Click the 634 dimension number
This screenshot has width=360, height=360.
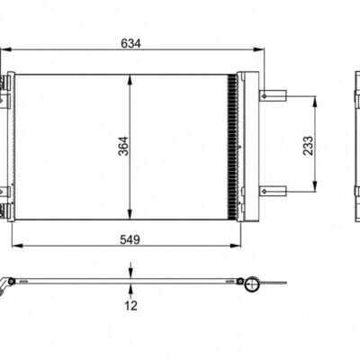(x=130, y=44)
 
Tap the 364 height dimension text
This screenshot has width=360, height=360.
(x=123, y=146)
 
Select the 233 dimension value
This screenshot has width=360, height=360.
(x=308, y=146)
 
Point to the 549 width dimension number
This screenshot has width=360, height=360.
(x=130, y=239)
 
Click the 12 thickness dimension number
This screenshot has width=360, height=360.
(x=130, y=305)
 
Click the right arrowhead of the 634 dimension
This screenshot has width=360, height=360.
(x=258, y=49)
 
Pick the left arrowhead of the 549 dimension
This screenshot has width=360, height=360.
(x=17, y=246)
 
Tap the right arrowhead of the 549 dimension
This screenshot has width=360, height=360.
(x=236, y=246)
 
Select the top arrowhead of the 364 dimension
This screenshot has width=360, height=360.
(x=130, y=80)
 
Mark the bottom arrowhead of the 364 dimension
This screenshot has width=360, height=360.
(x=130, y=214)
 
